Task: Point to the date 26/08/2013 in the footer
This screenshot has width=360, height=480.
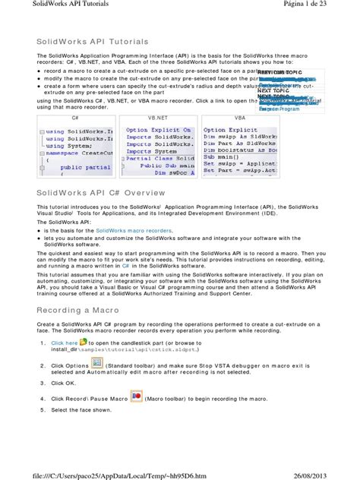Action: (x=327, y=475)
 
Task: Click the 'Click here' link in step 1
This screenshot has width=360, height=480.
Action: (x=65, y=343)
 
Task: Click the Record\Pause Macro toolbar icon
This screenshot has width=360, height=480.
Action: (x=137, y=397)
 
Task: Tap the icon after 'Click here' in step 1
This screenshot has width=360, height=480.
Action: (x=84, y=343)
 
